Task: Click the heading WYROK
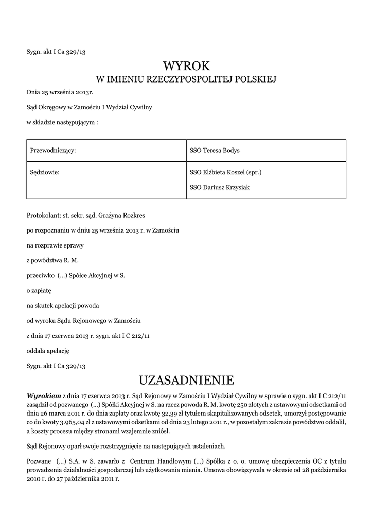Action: point(187,66)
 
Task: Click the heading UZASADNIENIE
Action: point(186,381)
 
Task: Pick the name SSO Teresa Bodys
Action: point(215,150)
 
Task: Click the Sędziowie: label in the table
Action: point(45,172)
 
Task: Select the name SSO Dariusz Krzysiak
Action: point(219,187)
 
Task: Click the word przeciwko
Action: point(40,276)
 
